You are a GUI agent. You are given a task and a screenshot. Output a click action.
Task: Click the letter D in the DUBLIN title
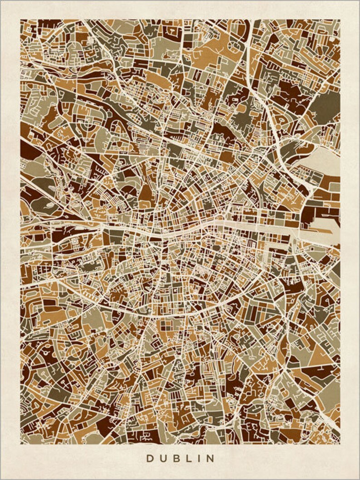150,459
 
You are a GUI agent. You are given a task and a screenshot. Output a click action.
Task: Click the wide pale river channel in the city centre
236,225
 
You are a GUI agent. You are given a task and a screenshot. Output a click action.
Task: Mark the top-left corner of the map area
20,19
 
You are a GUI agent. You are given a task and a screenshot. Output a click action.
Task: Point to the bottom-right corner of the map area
340,444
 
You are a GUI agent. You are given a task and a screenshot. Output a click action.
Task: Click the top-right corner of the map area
340,19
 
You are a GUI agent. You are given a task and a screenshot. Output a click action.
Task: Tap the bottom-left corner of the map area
20,444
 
